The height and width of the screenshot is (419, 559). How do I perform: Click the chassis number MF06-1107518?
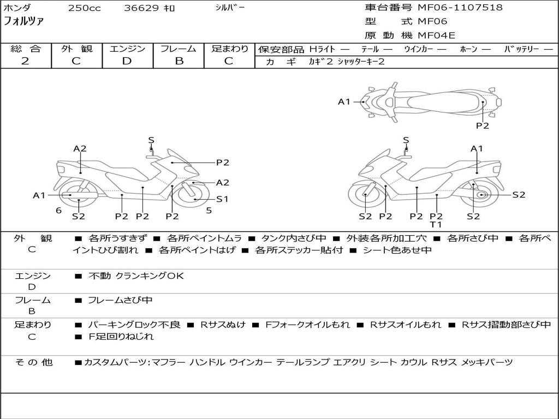click(460, 8)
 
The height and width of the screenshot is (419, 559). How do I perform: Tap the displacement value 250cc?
click(84, 8)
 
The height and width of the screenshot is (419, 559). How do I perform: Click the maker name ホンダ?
click(17, 8)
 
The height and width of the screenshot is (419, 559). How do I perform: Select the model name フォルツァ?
click(24, 22)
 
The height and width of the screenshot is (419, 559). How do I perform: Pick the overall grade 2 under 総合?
click(25, 61)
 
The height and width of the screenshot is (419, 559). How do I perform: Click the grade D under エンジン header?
click(127, 61)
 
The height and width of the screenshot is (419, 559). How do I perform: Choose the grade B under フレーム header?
click(179, 61)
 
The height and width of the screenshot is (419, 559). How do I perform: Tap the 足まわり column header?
click(230, 49)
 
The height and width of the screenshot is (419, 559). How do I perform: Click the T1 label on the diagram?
click(436, 225)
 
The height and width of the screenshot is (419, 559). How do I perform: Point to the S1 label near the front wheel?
click(222, 199)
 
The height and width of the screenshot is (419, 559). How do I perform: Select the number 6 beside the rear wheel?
click(58, 210)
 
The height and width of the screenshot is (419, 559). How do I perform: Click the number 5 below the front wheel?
click(209, 210)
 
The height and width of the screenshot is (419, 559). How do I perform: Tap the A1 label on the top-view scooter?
click(344, 101)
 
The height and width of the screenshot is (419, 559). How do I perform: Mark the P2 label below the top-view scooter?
click(483, 125)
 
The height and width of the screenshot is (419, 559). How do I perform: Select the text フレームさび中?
click(120, 300)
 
